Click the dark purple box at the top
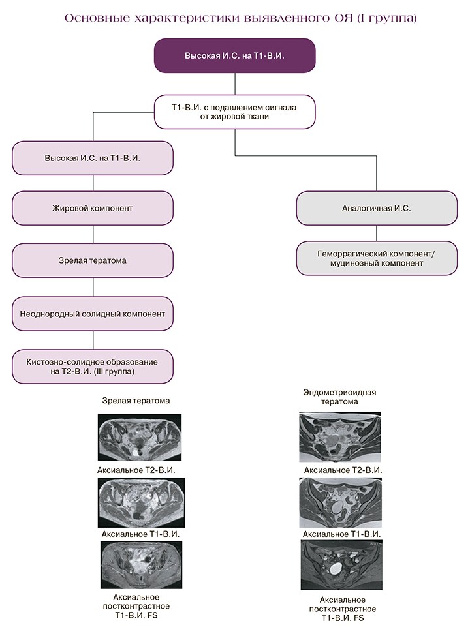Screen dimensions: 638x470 pos(235,55)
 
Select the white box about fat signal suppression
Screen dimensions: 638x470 pos(235,112)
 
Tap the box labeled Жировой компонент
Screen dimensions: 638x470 pos(93,209)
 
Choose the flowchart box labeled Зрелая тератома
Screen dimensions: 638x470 pos(93,260)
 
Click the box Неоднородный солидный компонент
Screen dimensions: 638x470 pos(93,314)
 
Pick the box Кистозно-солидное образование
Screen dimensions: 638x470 pos(93,366)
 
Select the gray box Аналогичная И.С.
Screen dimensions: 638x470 pos(377,209)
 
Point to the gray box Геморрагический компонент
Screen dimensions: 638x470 pos(377,258)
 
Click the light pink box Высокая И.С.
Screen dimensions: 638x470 pos(93,159)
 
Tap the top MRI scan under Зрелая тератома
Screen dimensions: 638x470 pos(140,437)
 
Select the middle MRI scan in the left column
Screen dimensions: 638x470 pos(141,502)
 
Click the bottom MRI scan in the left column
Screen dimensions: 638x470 pos(141,565)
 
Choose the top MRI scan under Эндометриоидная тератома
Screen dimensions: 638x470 pos(340,437)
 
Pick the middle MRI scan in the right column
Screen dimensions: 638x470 pos(340,503)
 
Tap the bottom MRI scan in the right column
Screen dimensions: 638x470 pos(340,565)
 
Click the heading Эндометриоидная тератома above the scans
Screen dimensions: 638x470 pos(340,397)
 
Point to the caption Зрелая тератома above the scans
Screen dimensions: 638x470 pos(136,401)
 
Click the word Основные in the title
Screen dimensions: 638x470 pos(93,18)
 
